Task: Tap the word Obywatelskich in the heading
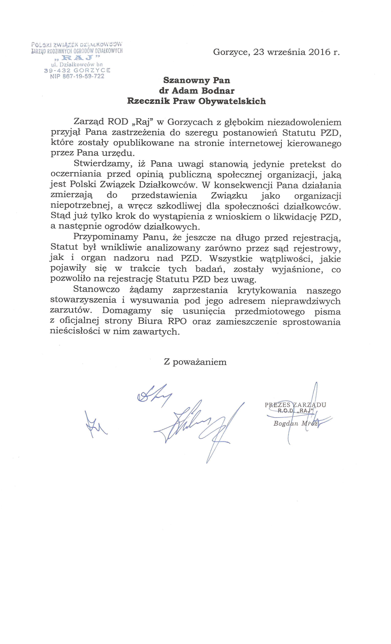click(232, 101)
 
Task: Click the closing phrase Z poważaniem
click(195, 362)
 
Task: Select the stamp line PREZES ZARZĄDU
click(295, 405)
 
